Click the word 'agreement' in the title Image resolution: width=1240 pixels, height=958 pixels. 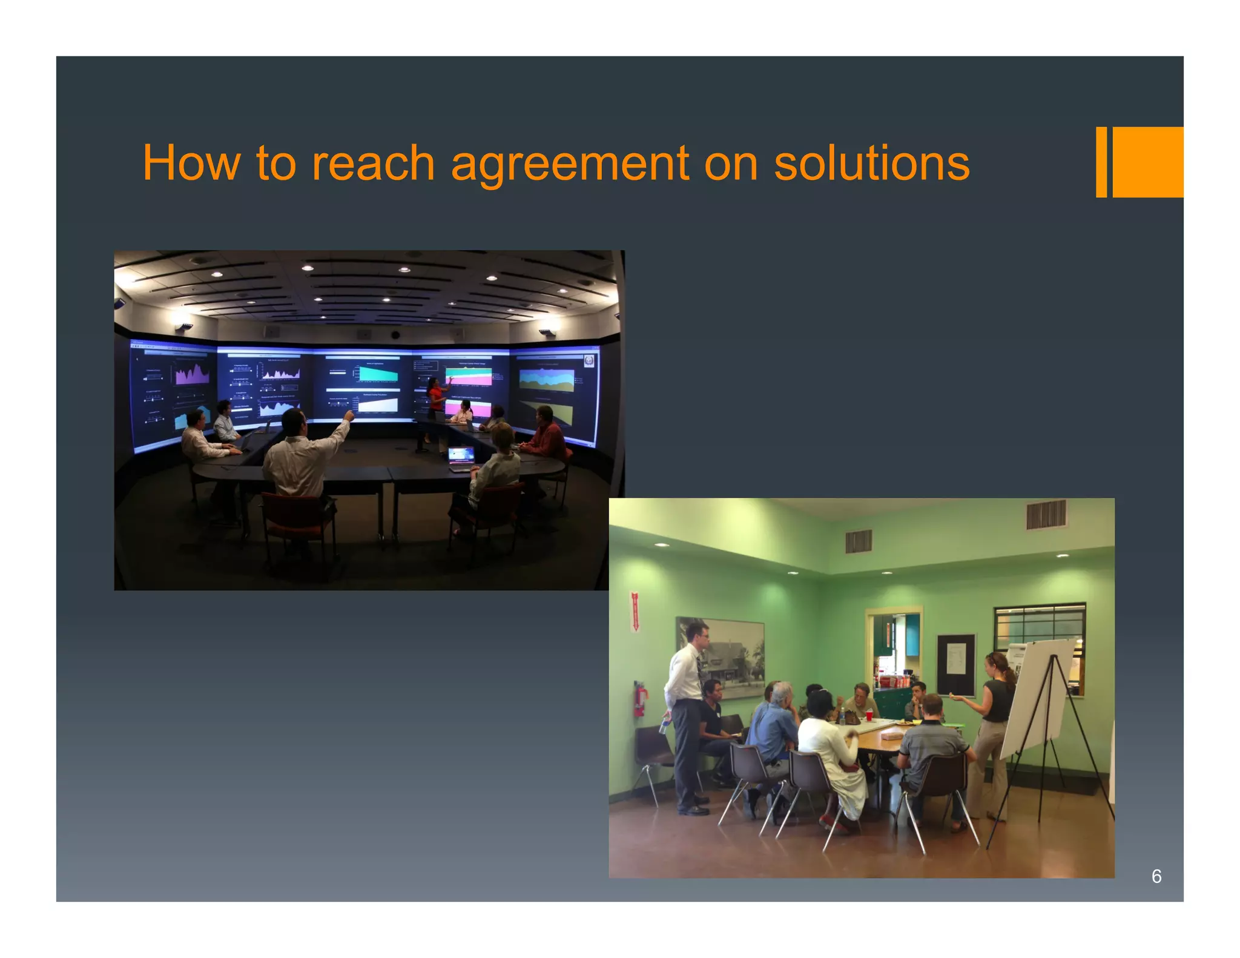[x=569, y=164]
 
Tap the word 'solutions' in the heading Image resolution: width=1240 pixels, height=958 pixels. [x=871, y=164]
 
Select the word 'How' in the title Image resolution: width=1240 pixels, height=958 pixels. [x=191, y=164]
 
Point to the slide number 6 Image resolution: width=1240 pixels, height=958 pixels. [x=1156, y=876]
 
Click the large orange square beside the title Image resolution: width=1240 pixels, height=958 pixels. [x=1147, y=162]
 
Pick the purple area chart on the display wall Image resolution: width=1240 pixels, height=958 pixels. [x=193, y=374]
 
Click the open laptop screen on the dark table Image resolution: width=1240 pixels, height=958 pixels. [x=461, y=455]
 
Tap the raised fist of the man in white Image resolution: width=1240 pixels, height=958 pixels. [x=349, y=415]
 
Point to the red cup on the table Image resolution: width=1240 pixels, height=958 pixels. [x=869, y=715]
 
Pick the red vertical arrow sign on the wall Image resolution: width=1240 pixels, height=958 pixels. [x=635, y=612]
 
